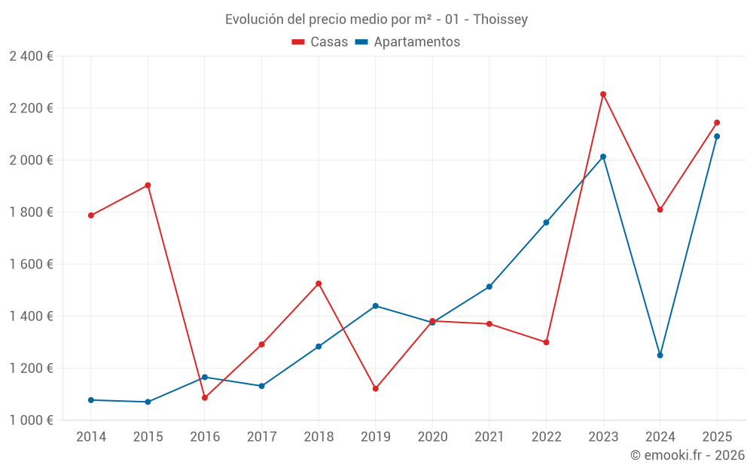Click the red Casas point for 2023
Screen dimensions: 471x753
pos(603,94)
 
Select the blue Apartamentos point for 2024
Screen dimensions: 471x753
pos(660,355)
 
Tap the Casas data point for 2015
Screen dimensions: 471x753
pos(148,185)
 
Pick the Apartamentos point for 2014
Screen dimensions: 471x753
pos(91,400)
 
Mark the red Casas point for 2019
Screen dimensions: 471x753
pos(375,389)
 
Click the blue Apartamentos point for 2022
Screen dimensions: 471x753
pos(546,222)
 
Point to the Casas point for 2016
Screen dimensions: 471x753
pos(205,398)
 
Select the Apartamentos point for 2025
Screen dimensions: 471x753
pos(717,136)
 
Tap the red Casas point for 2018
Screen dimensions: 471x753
pos(319,283)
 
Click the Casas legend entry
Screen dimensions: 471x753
pos(320,42)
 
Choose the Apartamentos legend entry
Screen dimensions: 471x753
pos(407,42)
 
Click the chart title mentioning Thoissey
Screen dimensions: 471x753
pos(376,19)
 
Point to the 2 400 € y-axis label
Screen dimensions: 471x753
pos(31,57)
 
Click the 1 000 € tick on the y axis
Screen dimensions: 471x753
pos(31,421)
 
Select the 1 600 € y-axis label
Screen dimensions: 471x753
pos(31,265)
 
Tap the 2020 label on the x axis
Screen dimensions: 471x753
pos(432,437)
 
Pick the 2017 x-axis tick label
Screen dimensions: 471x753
pos(261,437)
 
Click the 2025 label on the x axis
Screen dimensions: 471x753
pos(717,437)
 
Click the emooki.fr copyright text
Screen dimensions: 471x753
pos(687,455)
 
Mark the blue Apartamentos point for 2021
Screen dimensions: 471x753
pos(489,287)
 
